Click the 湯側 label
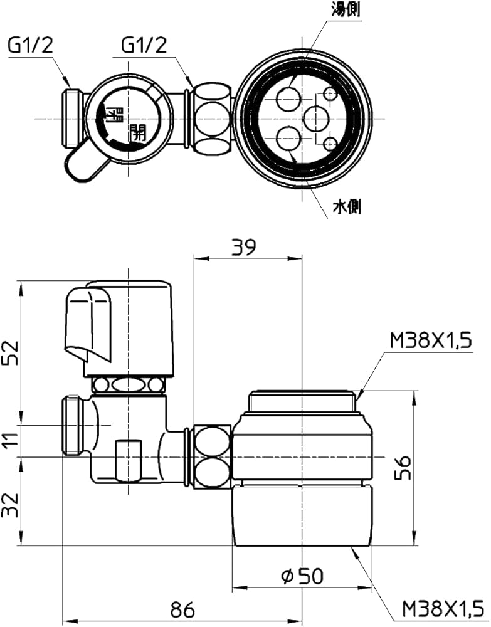346,10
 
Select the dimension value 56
404,468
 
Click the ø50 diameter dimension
304,575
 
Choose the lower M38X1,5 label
443,608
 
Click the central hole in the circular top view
315,118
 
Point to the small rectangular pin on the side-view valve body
129,459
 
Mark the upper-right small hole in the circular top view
331,94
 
